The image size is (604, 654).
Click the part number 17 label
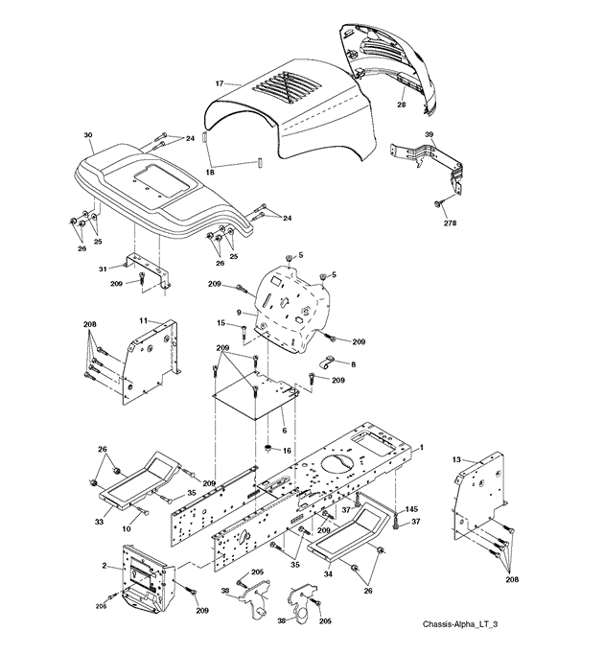pyautogui.click(x=220, y=83)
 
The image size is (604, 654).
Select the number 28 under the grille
pyautogui.click(x=402, y=105)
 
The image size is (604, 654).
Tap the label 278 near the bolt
pyautogui.click(x=450, y=223)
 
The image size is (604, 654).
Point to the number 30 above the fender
pyautogui.click(x=88, y=135)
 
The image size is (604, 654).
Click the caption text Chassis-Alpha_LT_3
pyautogui.click(x=460, y=624)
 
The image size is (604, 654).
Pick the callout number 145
pyautogui.click(x=411, y=509)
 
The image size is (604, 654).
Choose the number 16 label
pyautogui.click(x=287, y=451)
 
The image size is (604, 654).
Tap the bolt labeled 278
pyautogui.click(x=437, y=203)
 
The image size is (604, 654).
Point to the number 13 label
pyautogui.click(x=456, y=459)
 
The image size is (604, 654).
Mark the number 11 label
pyautogui.click(x=143, y=320)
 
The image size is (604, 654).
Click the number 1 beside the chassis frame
pyautogui.click(x=422, y=448)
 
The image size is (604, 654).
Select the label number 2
pyautogui.click(x=105, y=566)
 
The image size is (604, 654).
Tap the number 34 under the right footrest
pyautogui.click(x=328, y=573)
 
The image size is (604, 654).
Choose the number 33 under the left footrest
pyautogui.click(x=99, y=522)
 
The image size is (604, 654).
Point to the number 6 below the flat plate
pyautogui.click(x=285, y=431)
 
